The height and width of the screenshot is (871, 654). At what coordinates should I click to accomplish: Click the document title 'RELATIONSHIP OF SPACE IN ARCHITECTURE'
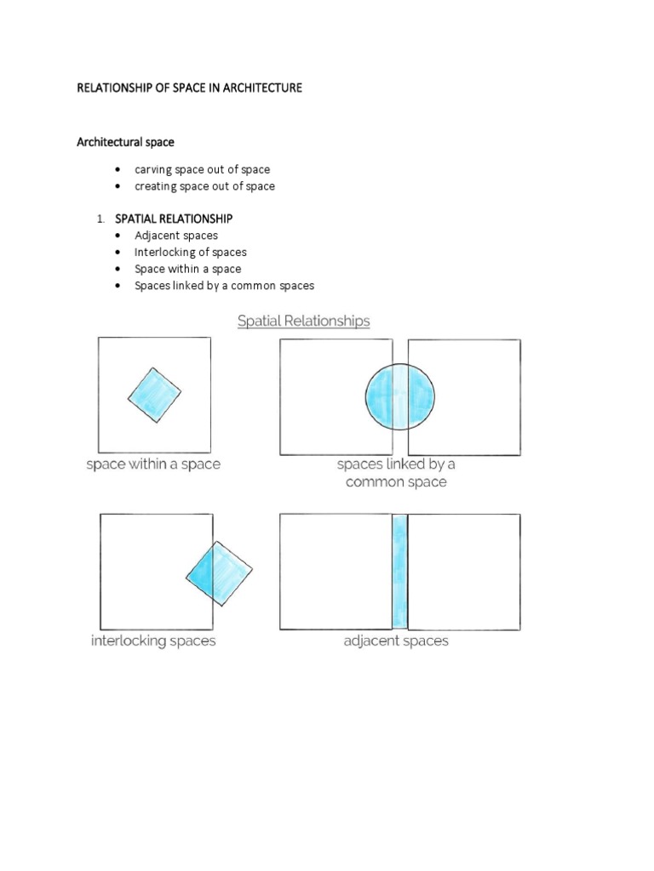pyautogui.click(x=189, y=88)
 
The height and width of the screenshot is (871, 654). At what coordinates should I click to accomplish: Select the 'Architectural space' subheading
pyautogui.click(x=125, y=142)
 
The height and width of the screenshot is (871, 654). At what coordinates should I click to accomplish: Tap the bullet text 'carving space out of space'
pyautogui.click(x=202, y=169)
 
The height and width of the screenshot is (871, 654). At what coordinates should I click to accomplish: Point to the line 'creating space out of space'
pyautogui.click(x=204, y=186)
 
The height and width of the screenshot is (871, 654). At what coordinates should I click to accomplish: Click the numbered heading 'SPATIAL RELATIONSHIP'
pyautogui.click(x=174, y=219)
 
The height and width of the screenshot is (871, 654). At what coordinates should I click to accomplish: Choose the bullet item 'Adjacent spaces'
pyautogui.click(x=176, y=236)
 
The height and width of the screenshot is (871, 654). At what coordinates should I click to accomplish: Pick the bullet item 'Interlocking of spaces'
pyautogui.click(x=191, y=253)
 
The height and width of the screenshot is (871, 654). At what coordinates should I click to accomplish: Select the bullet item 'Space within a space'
pyautogui.click(x=187, y=269)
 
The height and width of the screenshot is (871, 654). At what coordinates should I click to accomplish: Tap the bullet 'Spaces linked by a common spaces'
pyautogui.click(x=224, y=286)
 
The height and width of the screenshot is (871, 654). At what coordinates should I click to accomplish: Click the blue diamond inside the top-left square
pyautogui.click(x=155, y=396)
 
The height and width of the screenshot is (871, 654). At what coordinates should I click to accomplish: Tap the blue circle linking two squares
pyautogui.click(x=399, y=396)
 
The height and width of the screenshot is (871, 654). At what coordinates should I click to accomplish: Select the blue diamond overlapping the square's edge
pyautogui.click(x=220, y=573)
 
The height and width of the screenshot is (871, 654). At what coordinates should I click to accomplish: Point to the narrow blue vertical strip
pyautogui.click(x=399, y=572)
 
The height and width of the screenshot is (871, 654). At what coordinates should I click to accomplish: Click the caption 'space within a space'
pyautogui.click(x=153, y=464)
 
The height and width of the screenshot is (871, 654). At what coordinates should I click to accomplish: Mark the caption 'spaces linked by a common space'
pyautogui.click(x=396, y=473)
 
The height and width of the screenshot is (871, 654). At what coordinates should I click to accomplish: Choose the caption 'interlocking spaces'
pyautogui.click(x=153, y=640)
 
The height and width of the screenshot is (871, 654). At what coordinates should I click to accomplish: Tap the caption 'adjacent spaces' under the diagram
pyautogui.click(x=396, y=640)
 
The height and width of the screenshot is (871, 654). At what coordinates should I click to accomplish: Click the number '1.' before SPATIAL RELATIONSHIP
pyautogui.click(x=100, y=219)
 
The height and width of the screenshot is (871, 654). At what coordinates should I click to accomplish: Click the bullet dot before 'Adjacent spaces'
pyautogui.click(x=117, y=236)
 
